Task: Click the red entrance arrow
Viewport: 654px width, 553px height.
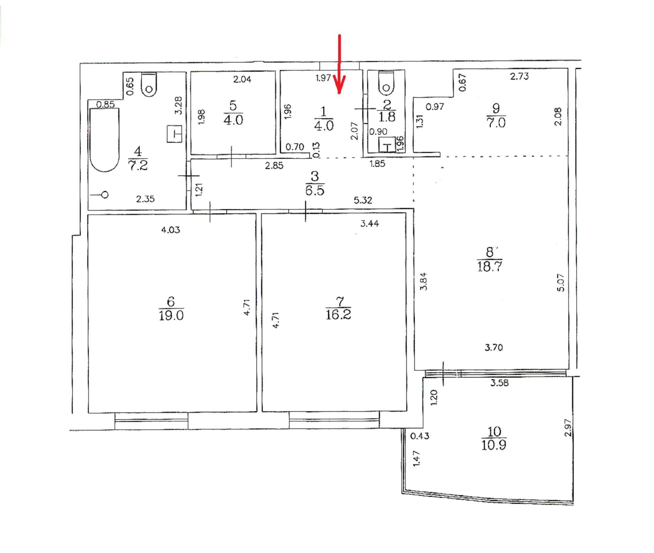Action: click(339, 64)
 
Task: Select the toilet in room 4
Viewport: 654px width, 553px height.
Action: click(149, 85)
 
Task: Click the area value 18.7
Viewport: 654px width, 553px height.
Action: click(490, 266)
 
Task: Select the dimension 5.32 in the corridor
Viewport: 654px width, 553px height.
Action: click(363, 200)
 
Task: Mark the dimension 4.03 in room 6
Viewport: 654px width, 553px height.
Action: click(171, 230)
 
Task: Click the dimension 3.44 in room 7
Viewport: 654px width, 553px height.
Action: click(370, 223)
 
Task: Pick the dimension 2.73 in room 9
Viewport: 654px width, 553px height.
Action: click(519, 76)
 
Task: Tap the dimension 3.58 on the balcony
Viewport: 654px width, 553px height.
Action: click(499, 383)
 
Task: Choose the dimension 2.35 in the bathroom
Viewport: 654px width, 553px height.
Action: click(145, 199)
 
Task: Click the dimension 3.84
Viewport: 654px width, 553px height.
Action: click(423, 281)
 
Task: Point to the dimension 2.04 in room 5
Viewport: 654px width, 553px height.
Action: click(242, 79)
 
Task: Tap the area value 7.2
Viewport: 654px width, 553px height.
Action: click(138, 165)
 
